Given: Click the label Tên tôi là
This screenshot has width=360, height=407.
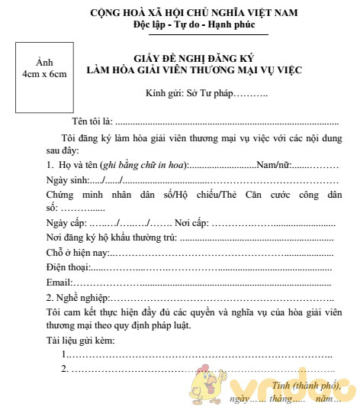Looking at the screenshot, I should (x=93, y=121).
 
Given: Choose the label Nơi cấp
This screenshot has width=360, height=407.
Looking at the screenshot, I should (x=191, y=223).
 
